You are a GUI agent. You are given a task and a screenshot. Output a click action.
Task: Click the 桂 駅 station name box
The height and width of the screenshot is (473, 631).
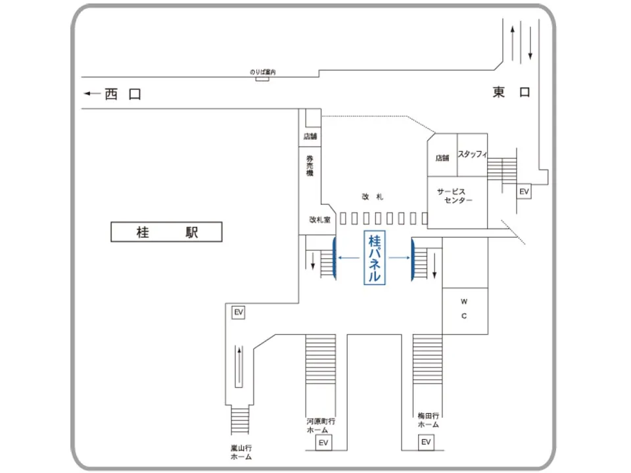tap(166, 232)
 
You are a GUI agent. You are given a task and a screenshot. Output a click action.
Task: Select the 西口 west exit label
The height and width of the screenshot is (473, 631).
tap(123, 95)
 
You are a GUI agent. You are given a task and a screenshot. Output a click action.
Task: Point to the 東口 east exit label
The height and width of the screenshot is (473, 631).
tap(511, 93)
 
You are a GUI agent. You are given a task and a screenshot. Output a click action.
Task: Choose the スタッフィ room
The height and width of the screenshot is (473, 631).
tap(472, 154)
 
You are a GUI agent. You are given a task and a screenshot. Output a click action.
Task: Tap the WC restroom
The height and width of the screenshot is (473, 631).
tap(464, 309)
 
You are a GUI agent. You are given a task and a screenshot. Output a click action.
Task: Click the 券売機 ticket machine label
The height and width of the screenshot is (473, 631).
tap(310, 165)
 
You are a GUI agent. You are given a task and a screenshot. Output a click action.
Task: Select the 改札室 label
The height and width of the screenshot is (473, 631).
tap(319, 219)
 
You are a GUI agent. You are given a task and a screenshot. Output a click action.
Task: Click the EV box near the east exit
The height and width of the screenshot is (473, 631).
tap(524, 192)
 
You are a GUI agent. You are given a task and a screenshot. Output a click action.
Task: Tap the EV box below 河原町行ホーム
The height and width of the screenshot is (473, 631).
tap(323, 443)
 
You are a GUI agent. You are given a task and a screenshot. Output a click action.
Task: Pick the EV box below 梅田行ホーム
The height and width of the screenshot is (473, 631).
tap(426, 443)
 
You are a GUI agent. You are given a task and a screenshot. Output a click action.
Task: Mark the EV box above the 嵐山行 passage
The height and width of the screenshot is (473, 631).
tap(238, 313)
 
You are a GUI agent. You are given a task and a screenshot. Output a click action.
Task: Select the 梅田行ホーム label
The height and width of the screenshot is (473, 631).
tap(428, 420)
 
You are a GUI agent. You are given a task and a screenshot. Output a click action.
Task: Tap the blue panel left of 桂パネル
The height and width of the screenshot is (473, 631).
tap(335, 258)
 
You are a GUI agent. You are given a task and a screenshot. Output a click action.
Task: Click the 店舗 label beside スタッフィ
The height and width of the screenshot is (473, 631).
tap(442, 158)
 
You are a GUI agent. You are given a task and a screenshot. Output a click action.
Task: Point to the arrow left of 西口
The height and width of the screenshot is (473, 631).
tap(91, 95)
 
